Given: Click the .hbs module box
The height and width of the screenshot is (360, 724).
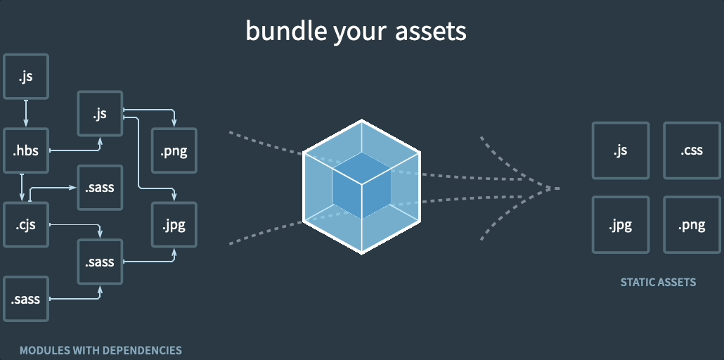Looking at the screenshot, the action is tap(26, 150).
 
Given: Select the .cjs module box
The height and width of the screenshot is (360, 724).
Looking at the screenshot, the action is tap(26, 225).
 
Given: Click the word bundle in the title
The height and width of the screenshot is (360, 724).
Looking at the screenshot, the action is tap(277, 30).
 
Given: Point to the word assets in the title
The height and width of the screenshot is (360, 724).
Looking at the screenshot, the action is tap(436, 30).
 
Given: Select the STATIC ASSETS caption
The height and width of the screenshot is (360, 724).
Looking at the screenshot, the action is tap(658, 282).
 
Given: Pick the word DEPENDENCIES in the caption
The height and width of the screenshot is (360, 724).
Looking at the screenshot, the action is tap(140, 350).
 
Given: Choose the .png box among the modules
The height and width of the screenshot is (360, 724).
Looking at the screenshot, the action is tap(174, 150).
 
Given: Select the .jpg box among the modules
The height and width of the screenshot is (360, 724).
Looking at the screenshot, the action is tap(174, 225).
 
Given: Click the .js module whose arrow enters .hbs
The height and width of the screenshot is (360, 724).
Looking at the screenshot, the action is tap(26, 76).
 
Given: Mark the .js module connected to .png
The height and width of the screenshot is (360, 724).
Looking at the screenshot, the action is tap(100, 113).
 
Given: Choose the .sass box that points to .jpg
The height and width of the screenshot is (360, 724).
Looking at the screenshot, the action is tap(100, 262).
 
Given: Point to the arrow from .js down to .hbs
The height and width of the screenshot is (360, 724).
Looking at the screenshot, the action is tap(26, 113).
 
